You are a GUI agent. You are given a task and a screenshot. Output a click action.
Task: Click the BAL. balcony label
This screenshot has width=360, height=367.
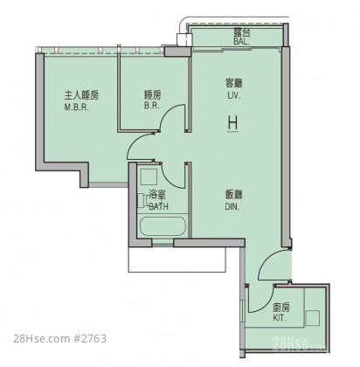pos(241,41)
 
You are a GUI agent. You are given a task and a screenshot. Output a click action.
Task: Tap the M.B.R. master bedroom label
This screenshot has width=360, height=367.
pos(76,107)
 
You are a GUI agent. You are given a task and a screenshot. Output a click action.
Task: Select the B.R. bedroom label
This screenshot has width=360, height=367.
pos(152,106)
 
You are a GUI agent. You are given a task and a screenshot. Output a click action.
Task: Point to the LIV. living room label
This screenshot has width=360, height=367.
pos(234,95)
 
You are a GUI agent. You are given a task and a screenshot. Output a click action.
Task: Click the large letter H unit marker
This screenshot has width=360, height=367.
pos(232,123)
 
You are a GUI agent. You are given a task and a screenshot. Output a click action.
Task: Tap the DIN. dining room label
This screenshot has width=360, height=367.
pos(232,207)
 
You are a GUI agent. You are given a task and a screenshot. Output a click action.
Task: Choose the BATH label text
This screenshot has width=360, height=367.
pos(158,206)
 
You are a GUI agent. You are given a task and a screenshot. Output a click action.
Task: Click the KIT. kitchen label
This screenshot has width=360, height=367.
pos(280,318)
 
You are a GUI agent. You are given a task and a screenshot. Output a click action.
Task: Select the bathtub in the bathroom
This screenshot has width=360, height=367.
pos(163,226)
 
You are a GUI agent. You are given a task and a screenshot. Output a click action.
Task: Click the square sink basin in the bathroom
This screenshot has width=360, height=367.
pos(149,177)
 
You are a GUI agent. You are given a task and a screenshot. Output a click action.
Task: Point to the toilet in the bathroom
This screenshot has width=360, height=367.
pos(144,201)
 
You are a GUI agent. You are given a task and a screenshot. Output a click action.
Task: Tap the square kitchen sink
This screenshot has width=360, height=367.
pos(313,318)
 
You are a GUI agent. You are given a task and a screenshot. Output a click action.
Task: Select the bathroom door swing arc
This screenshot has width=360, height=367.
pos(169,181)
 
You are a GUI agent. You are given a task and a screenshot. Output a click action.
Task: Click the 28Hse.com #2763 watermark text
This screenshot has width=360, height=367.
pos(60,339)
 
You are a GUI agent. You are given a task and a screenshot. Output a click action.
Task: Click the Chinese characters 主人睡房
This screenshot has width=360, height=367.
pos(81,95)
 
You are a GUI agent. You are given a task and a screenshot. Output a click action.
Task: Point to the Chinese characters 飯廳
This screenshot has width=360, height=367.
pos(234,195)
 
